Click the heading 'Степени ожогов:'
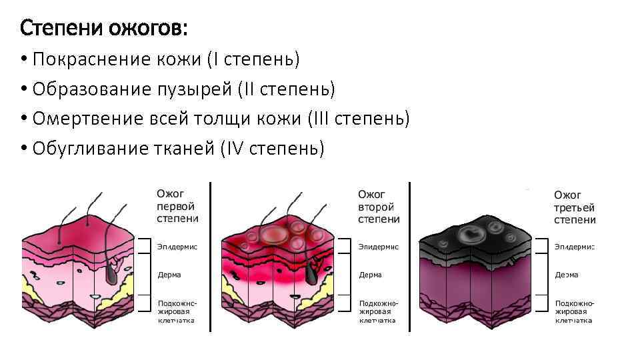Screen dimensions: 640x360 tap(104, 28)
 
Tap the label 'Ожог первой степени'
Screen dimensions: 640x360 tap(177, 206)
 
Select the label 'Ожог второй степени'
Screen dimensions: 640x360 tap(379, 206)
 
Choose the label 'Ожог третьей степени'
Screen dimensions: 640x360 tap(575, 207)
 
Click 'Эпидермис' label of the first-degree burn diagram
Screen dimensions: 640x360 tap(177, 247)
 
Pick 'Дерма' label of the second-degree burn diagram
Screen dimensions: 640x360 tap(371, 275)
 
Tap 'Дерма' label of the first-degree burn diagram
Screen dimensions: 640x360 tap(169, 275)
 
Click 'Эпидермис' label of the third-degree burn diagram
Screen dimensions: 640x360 tap(574, 247)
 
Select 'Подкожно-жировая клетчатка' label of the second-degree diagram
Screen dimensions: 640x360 tap(378, 311)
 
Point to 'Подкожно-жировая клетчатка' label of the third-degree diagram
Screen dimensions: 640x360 tap(574, 311)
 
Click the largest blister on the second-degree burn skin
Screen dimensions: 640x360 tap(272, 234)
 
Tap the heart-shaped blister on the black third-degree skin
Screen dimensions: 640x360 tap(473, 235)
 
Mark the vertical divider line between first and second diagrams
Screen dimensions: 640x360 tap(211, 257)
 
